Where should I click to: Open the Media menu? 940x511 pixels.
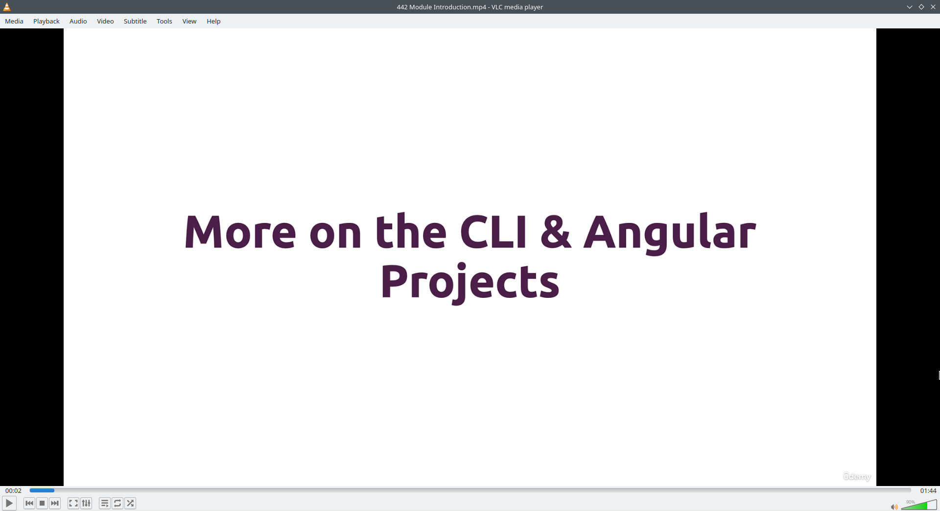(14, 21)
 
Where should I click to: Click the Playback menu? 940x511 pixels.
(47, 21)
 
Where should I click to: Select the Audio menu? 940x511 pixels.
(78, 21)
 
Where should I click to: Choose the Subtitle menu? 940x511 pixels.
(135, 21)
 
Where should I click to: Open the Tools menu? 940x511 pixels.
(164, 21)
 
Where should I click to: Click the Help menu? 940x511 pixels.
(213, 21)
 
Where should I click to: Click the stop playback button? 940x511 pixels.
(42, 503)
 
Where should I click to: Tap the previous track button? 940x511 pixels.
(29, 503)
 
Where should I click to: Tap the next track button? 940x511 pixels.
(55, 503)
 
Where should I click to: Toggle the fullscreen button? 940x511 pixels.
(73, 503)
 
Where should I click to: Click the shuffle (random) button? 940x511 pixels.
(130, 503)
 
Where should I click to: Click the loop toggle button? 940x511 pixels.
(117, 503)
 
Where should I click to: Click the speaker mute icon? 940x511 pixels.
(894, 507)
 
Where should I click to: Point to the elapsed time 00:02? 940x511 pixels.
(14, 490)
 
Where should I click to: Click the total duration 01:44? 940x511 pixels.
(928, 490)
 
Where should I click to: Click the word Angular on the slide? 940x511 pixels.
(670, 233)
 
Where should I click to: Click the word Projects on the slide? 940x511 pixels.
(470, 283)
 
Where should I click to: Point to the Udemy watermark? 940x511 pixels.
(857, 477)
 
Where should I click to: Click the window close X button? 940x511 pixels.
(933, 7)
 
